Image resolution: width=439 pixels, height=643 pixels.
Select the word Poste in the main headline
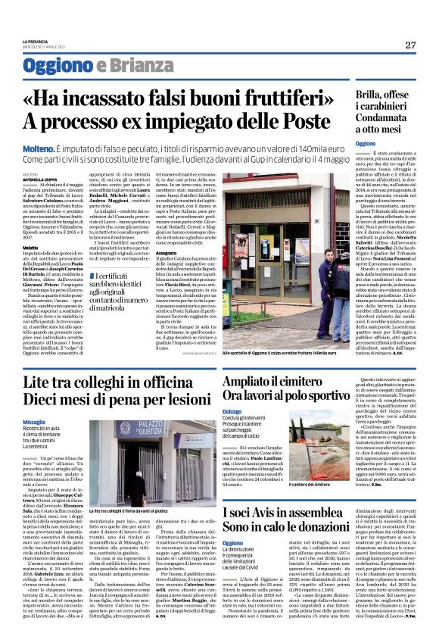coord(336,121)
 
